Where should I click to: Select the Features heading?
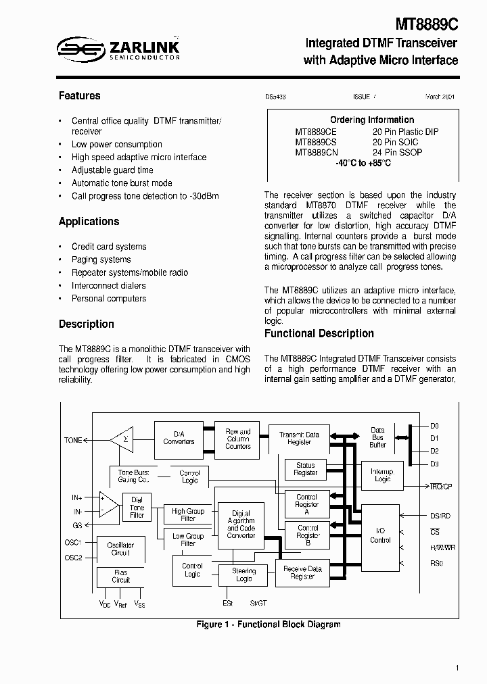click(x=79, y=96)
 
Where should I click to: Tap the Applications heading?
click(x=89, y=222)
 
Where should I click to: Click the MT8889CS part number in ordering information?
click(x=316, y=142)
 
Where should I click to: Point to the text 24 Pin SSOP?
click(x=398, y=152)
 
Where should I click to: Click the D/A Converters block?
click(x=179, y=437)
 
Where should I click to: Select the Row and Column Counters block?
click(x=237, y=438)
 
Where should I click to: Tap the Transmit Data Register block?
click(x=299, y=438)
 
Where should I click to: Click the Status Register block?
click(x=306, y=469)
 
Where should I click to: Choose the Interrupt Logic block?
click(x=383, y=474)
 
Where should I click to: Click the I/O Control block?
click(x=380, y=536)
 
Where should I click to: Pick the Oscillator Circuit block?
click(x=120, y=549)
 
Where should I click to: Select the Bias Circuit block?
click(x=120, y=576)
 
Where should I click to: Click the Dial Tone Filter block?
click(x=137, y=508)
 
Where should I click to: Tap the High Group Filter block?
click(x=188, y=515)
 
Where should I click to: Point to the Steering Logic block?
click(x=243, y=575)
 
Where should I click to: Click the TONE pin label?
click(x=73, y=440)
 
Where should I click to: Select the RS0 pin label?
click(x=436, y=563)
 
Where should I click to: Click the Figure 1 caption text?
click(x=269, y=625)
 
